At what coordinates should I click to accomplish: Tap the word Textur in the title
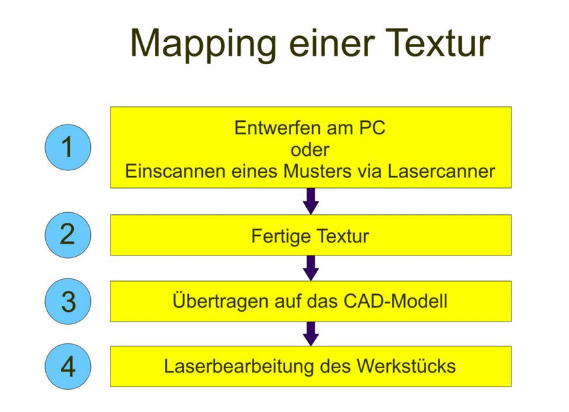(438, 43)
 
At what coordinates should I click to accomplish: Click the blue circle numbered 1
(68, 147)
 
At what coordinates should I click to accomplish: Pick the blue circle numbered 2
(68, 235)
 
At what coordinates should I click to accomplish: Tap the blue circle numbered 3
(68, 301)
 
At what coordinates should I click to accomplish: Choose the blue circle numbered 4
(68, 366)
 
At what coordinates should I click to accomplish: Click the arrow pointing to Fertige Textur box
(311, 201)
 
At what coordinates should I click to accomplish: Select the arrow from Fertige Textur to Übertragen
(311, 268)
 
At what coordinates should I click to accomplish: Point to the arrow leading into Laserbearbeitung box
(311, 334)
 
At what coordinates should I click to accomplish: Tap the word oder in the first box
(310, 150)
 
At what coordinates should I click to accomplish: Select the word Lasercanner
(441, 171)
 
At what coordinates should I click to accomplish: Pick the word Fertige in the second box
(280, 236)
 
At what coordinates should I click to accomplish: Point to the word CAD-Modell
(395, 301)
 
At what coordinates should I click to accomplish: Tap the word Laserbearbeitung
(239, 366)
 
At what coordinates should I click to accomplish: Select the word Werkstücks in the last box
(406, 366)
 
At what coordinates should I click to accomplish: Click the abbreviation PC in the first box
(372, 128)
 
